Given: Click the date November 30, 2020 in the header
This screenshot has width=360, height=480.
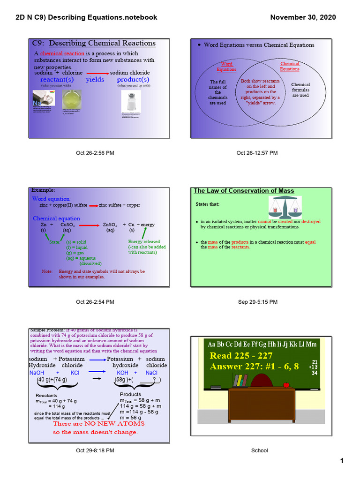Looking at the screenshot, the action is coord(303,17).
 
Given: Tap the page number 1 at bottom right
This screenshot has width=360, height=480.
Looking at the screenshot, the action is coord(342,461).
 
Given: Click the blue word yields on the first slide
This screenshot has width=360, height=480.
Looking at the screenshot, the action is coord(95,80).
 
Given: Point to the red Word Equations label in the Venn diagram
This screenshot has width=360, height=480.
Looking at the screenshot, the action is coord(226,67).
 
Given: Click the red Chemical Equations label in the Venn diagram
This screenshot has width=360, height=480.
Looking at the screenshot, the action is coord(290,66).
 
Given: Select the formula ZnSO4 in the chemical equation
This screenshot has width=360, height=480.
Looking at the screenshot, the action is coord(110,225).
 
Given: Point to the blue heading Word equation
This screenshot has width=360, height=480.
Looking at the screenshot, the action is coord(51,199).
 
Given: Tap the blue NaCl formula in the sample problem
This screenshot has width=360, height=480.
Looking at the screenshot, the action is coord(151,373).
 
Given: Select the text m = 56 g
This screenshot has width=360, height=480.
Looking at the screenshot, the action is coord(131,417).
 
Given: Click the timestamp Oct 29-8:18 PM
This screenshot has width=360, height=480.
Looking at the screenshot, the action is coord(95,451).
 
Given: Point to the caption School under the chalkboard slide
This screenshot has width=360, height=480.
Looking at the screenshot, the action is coord(259,451).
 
